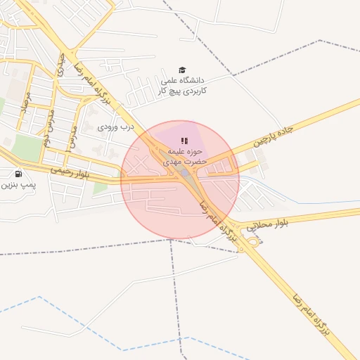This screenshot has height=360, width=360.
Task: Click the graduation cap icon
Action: point(183,70)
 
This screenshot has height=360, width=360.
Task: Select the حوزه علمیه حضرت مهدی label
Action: point(184,156)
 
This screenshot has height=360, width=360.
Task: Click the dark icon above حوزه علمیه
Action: point(184,141)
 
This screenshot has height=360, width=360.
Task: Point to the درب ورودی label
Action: point(115,127)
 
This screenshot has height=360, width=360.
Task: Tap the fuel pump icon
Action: point(18,174)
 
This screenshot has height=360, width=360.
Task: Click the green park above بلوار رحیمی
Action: point(28,148)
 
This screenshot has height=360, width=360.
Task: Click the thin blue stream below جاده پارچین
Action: point(309,203)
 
